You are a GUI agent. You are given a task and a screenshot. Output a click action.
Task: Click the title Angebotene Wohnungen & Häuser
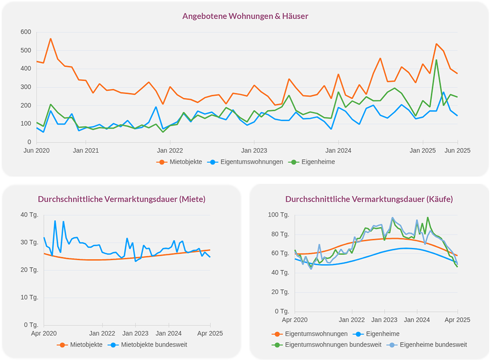[x=245, y=16]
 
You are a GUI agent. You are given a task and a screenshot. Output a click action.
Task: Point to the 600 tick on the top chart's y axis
[x=26, y=32]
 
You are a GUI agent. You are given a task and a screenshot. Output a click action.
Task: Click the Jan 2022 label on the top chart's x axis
[x=169, y=151]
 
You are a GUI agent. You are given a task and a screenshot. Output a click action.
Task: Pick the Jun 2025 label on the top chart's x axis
[x=458, y=151]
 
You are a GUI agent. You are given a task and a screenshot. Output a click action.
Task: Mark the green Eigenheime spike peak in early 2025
[x=436, y=60]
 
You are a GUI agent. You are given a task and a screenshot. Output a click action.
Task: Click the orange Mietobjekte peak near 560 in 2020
[x=50, y=39]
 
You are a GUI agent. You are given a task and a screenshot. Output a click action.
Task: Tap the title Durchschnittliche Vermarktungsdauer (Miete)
[x=122, y=199]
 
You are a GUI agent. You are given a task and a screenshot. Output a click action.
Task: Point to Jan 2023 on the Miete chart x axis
[x=135, y=334]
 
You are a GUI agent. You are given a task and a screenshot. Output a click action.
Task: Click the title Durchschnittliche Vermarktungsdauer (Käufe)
[x=369, y=199]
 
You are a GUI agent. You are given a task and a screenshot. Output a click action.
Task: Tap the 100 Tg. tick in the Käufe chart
[x=278, y=214]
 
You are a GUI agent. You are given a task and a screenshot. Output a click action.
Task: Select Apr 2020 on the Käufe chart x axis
[x=295, y=320]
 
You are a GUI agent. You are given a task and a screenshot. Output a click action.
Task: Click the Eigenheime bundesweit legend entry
[x=433, y=345]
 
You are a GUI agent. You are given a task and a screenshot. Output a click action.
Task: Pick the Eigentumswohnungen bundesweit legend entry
[x=333, y=345]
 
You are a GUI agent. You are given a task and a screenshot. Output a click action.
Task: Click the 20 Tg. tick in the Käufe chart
[x=280, y=292]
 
